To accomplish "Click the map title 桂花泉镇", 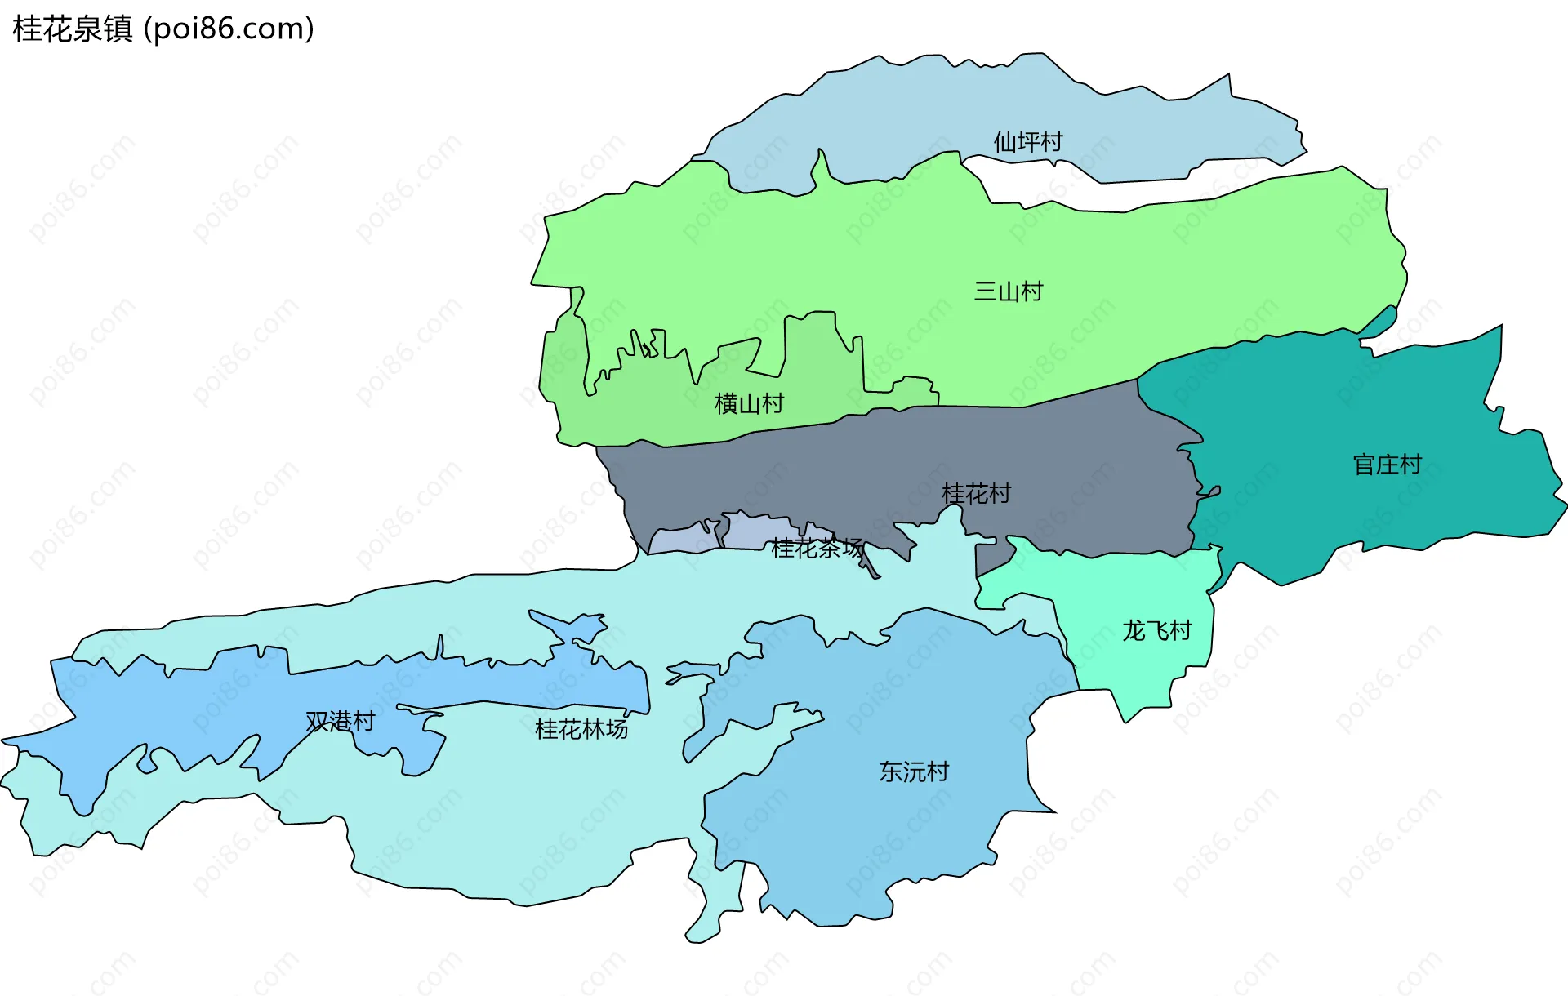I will coord(72,29).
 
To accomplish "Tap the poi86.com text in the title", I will coord(229,29).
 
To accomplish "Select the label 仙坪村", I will coord(1027,142).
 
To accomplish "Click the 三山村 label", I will coord(1009,291).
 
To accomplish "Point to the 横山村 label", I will coord(749,403).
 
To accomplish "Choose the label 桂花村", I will coord(976,493).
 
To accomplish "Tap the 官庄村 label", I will coord(1387,465).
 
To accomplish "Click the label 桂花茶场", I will coord(817,548).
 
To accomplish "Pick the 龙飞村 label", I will coord(1156,630).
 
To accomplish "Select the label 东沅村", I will coord(914,771).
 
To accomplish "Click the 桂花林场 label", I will coord(581,729).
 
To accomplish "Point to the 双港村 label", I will coord(341,721).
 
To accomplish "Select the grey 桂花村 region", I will coord(817,474).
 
